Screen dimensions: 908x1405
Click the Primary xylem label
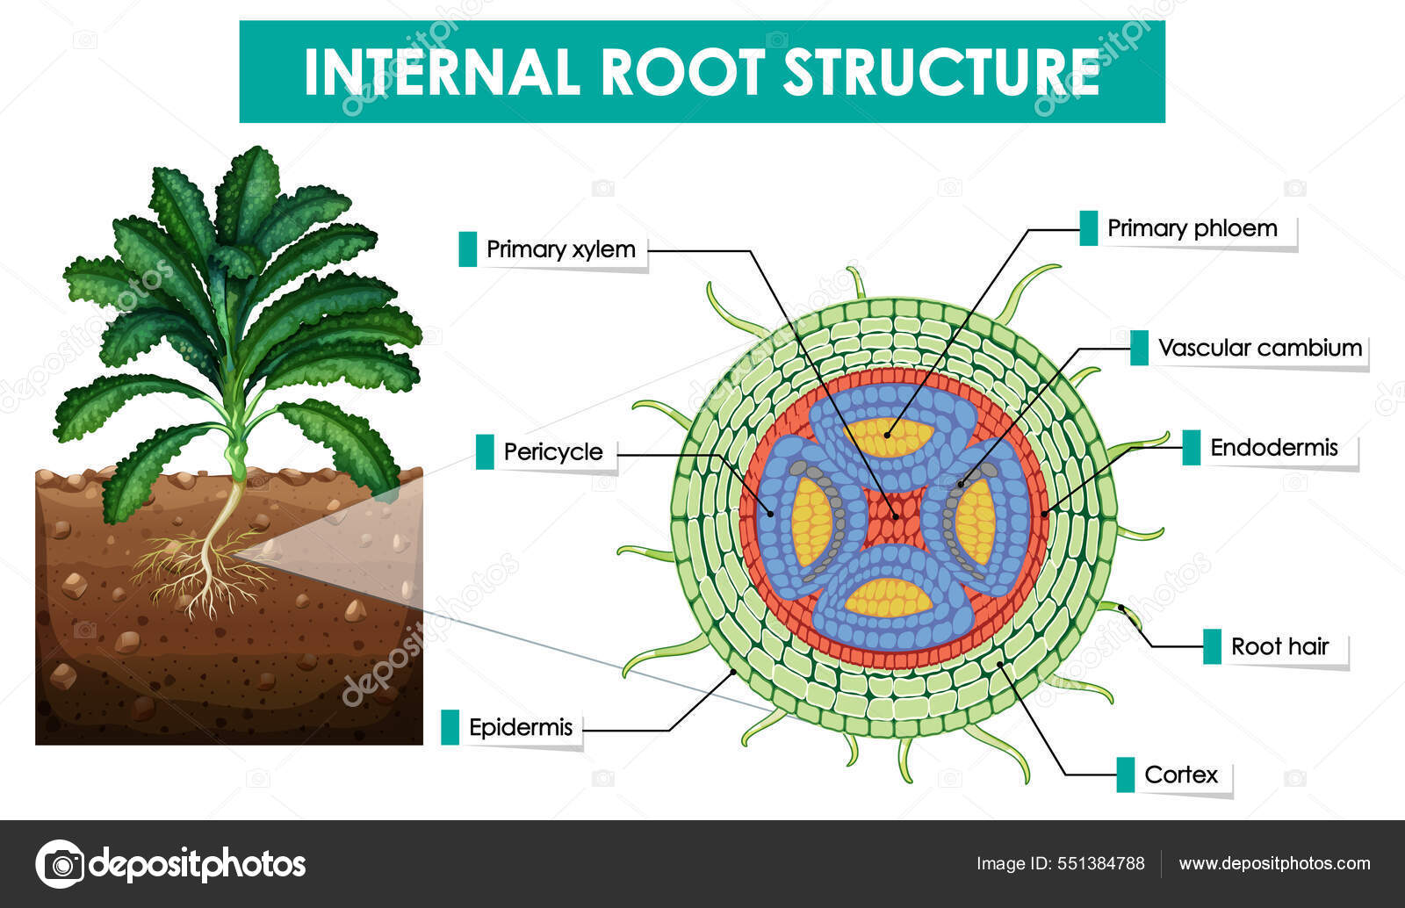(x=560, y=249)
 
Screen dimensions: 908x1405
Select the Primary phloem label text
(x=1192, y=228)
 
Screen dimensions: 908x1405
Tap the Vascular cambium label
(x=1259, y=348)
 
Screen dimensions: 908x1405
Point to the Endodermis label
(x=1273, y=448)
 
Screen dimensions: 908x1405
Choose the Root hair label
(x=1279, y=647)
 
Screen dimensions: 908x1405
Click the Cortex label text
(x=1181, y=775)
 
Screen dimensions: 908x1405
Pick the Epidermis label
(x=520, y=728)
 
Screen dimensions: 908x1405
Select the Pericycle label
(x=552, y=452)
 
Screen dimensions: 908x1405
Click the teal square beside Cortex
(x=1125, y=775)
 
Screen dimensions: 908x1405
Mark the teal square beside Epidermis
(x=450, y=727)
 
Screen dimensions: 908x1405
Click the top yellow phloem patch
(x=889, y=436)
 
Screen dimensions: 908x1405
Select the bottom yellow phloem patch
(x=889, y=598)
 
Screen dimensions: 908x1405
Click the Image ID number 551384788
(x=1101, y=863)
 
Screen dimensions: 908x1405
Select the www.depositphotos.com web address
(x=1274, y=863)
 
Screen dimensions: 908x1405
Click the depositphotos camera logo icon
(x=60, y=864)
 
